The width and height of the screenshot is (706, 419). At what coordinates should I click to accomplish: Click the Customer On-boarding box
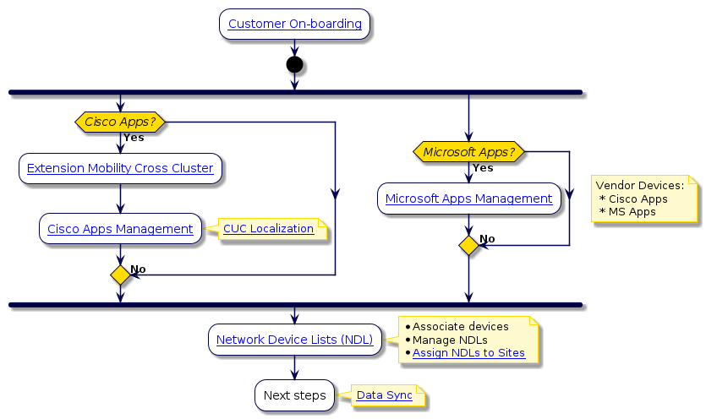click(x=294, y=24)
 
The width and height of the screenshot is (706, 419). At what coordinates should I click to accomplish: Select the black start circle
click(x=294, y=65)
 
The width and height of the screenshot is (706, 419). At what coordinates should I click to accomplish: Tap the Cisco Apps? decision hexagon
click(x=120, y=122)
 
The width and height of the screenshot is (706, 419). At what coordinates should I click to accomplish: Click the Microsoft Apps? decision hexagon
click(x=468, y=152)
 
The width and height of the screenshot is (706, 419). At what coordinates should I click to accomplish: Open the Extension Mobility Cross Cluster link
click(x=120, y=168)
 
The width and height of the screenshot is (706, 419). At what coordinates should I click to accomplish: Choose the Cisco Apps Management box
click(x=120, y=229)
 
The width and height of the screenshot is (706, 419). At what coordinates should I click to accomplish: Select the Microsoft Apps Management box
click(x=468, y=199)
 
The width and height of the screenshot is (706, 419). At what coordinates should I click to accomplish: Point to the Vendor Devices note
click(x=644, y=199)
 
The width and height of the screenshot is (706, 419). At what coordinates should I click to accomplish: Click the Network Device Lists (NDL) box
click(x=294, y=340)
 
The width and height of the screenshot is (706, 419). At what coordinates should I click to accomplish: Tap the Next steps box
click(x=294, y=395)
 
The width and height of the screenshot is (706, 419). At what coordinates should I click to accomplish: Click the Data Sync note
click(x=385, y=395)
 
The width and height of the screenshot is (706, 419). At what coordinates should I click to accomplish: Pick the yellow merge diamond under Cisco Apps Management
click(x=120, y=275)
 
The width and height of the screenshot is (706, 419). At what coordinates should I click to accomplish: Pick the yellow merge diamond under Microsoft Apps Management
click(x=468, y=245)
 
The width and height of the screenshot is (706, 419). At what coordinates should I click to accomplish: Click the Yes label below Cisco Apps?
click(x=134, y=138)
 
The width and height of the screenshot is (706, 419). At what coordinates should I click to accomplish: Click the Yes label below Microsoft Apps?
click(x=483, y=168)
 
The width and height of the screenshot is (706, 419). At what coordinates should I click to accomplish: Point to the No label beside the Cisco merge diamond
click(x=138, y=269)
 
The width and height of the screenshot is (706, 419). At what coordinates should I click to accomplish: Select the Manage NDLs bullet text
click(x=445, y=340)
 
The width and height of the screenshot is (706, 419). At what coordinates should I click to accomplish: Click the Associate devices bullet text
click(x=460, y=326)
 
